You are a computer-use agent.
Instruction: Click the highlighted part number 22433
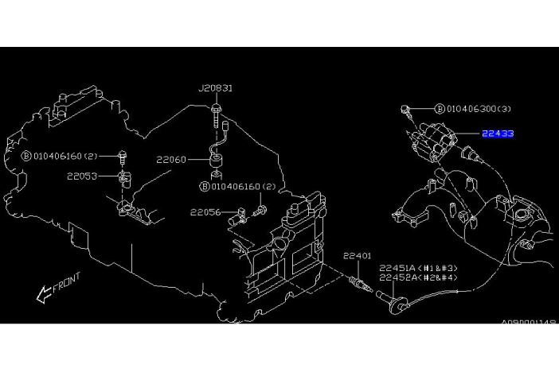tap(497, 134)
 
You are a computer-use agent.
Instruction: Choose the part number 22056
tap(205, 212)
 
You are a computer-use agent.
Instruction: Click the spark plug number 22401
tap(358, 256)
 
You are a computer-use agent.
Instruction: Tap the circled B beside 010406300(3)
tap(439, 108)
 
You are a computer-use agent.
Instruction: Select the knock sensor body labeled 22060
tap(217, 161)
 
